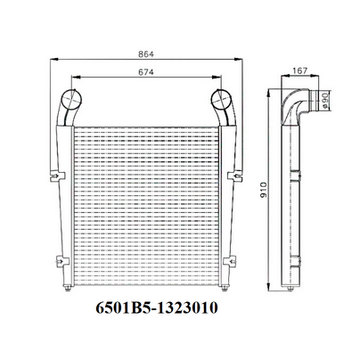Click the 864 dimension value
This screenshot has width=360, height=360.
(146, 54)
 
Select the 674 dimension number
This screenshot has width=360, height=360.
(146, 72)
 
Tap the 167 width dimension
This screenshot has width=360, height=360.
(300, 71)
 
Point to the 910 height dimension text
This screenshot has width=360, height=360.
(264, 191)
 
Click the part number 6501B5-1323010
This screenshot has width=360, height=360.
(157, 307)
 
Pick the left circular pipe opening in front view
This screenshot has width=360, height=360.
(71, 99)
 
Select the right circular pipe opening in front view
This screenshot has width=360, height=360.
(221, 99)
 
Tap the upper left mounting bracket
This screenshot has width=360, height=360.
(57, 176)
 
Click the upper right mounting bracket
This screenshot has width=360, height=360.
(235, 176)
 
